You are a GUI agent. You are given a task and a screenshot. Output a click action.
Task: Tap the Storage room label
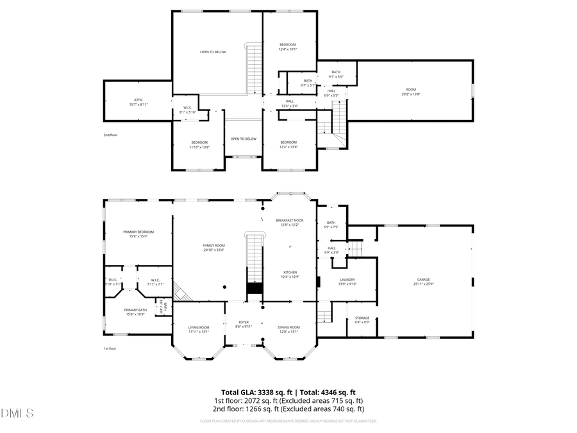362,319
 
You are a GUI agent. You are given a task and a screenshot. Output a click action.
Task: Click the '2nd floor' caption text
111,135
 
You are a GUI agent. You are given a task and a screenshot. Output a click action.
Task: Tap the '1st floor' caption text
110,348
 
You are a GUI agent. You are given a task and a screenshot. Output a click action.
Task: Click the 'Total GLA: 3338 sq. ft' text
255,392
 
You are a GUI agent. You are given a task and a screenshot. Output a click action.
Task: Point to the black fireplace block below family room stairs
255,289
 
